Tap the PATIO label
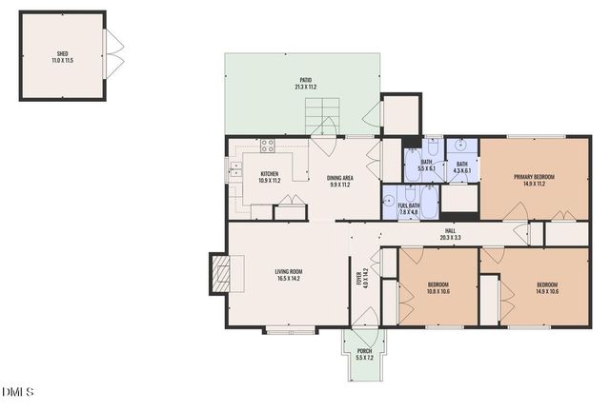305,81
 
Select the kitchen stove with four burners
268,147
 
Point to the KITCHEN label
270,174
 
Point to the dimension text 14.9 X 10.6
547,290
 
